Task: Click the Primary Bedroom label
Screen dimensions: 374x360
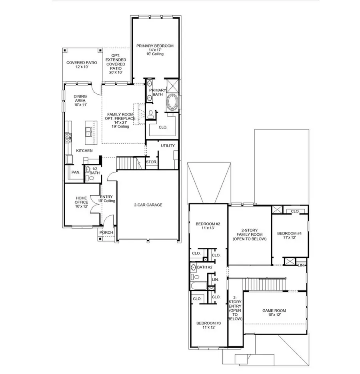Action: click(x=155, y=50)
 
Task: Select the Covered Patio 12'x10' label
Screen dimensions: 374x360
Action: click(x=82, y=65)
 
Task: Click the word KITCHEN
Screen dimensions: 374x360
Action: click(x=84, y=151)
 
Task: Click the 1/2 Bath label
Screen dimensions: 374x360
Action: click(x=95, y=171)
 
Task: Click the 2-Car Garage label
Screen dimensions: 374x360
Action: click(x=148, y=205)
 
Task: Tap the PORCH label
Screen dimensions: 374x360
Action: click(x=106, y=233)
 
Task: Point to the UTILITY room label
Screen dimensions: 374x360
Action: click(x=168, y=146)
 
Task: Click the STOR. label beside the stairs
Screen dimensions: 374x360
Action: click(x=151, y=162)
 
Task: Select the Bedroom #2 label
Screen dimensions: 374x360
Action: click(x=207, y=226)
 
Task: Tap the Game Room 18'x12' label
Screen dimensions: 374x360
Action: click(x=274, y=313)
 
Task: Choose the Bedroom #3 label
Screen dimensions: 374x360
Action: click(x=207, y=325)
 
